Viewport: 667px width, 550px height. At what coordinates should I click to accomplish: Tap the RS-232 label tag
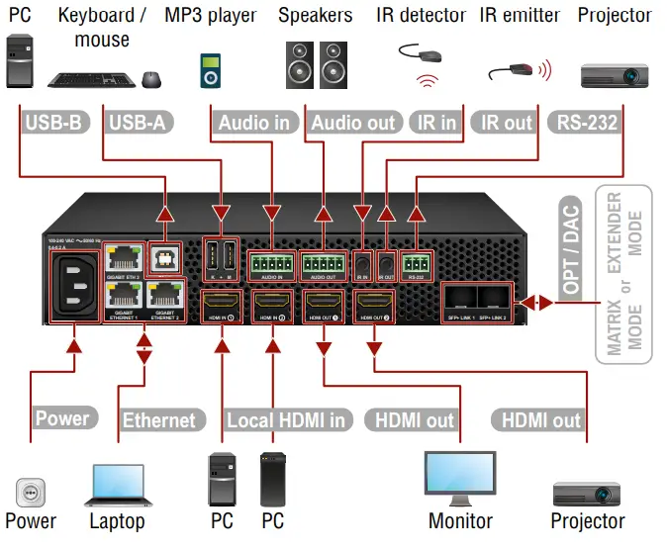pos(587,123)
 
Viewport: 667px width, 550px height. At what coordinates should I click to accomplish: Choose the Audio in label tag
pos(254,123)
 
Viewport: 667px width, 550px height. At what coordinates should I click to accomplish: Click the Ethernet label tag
pos(158,419)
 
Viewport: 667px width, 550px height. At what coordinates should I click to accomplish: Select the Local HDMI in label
pos(286,419)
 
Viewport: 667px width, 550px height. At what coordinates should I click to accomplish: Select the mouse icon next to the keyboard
pos(150,80)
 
